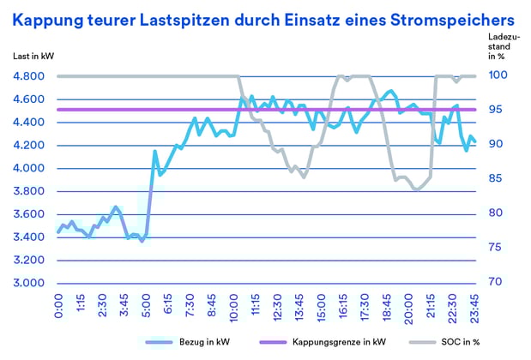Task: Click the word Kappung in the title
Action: pyautogui.click(x=51, y=18)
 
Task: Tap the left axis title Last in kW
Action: pyautogui.click(x=32, y=56)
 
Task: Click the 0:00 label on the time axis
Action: pyautogui.click(x=58, y=306)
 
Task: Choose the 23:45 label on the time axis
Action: pyautogui.click(x=474, y=308)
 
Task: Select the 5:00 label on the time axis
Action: pyautogui.click(x=147, y=306)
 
